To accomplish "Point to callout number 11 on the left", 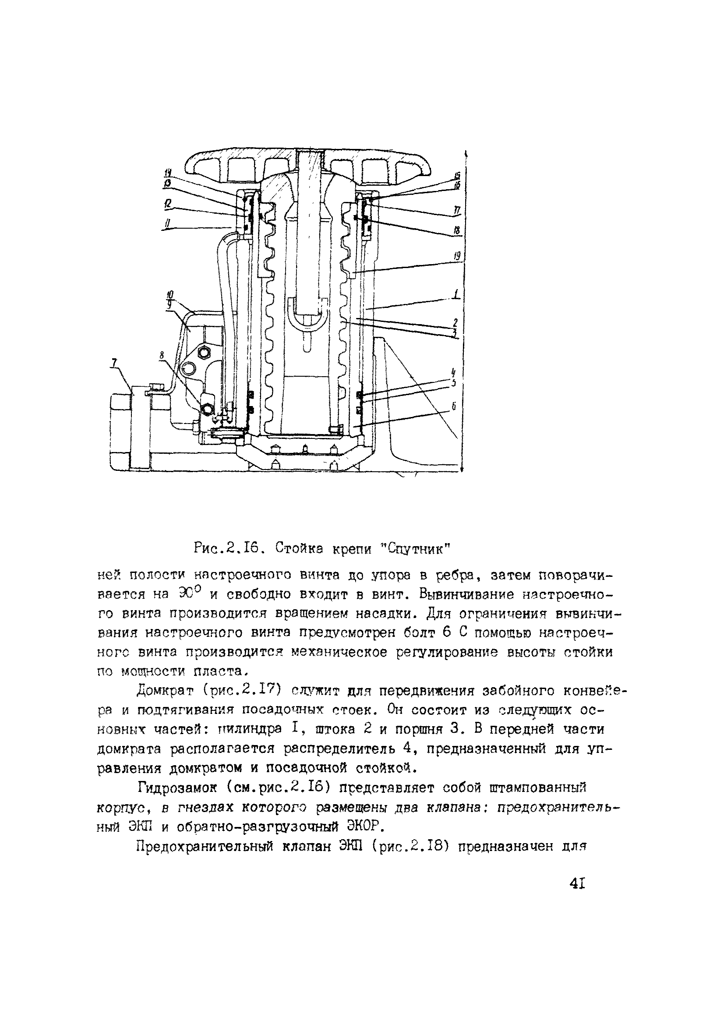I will click(x=167, y=223).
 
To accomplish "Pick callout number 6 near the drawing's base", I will click(x=454, y=406).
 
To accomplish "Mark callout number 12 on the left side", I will click(x=168, y=204).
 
